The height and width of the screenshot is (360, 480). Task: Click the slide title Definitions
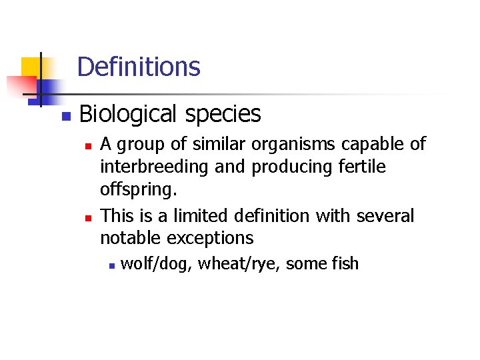coord(139,67)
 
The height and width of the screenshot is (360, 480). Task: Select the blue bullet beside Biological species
coord(65,116)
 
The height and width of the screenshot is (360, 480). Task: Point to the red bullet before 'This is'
coord(87,217)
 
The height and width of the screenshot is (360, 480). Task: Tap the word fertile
coord(361,167)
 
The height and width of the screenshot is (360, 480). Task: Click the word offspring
coord(137,191)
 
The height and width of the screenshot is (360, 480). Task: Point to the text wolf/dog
coord(157,264)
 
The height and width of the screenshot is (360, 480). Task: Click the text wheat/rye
coord(239,264)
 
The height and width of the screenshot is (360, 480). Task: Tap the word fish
coord(344,264)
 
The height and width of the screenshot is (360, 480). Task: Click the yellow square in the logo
coord(30,68)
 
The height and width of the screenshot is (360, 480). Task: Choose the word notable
coord(131,238)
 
